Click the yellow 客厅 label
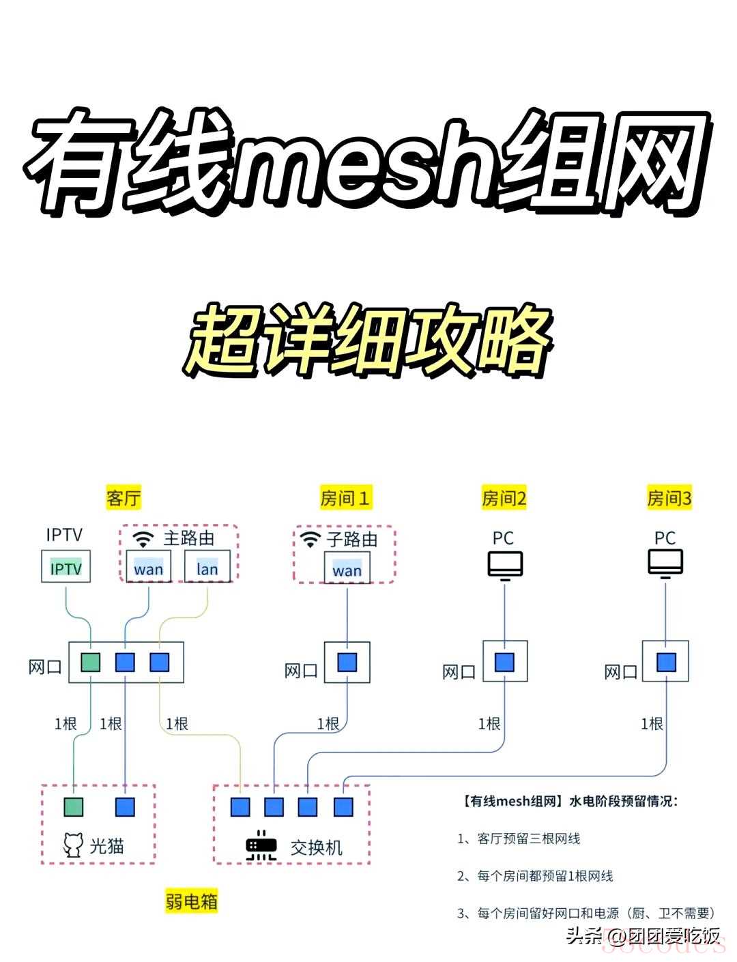[x=124, y=497]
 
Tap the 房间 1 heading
[x=345, y=498]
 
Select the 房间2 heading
[x=504, y=498]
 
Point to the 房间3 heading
[x=669, y=498]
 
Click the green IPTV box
[x=66, y=568]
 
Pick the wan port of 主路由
[x=149, y=568]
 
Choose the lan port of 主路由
[x=207, y=568]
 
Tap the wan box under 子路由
[x=347, y=570]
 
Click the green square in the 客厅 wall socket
[x=91, y=662]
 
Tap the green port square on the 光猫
[x=74, y=807]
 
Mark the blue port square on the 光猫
[x=125, y=807]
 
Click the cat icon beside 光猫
[x=73, y=845]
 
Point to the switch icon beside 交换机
[x=262, y=846]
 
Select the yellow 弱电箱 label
[x=192, y=901]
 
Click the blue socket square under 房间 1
[x=347, y=662]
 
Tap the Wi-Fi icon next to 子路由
[x=310, y=540]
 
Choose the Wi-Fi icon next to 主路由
[x=143, y=539]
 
